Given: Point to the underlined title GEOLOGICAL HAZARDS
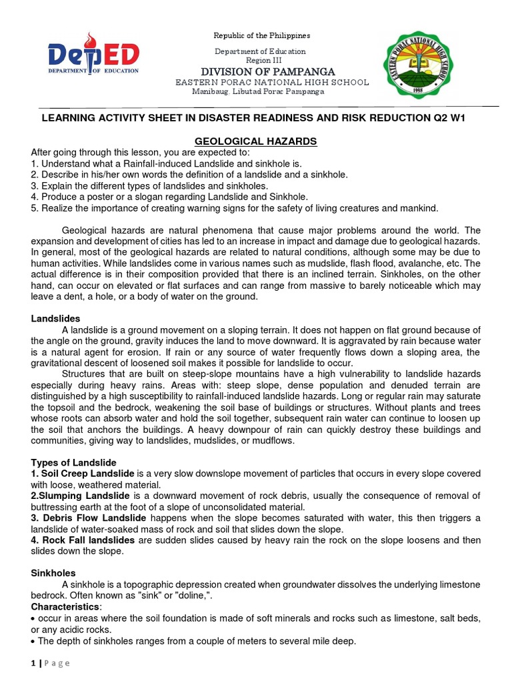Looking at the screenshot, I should click(x=256, y=141).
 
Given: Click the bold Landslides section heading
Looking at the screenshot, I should click(x=55, y=319).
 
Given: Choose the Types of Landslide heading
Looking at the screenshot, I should click(x=74, y=462).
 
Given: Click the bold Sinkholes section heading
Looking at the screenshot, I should click(x=53, y=573).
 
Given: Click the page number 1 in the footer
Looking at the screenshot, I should click(x=33, y=663).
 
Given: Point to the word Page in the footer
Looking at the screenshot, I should click(x=57, y=663).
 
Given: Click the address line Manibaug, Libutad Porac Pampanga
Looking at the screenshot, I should click(x=258, y=91).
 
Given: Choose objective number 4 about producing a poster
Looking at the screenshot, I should click(x=169, y=197).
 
